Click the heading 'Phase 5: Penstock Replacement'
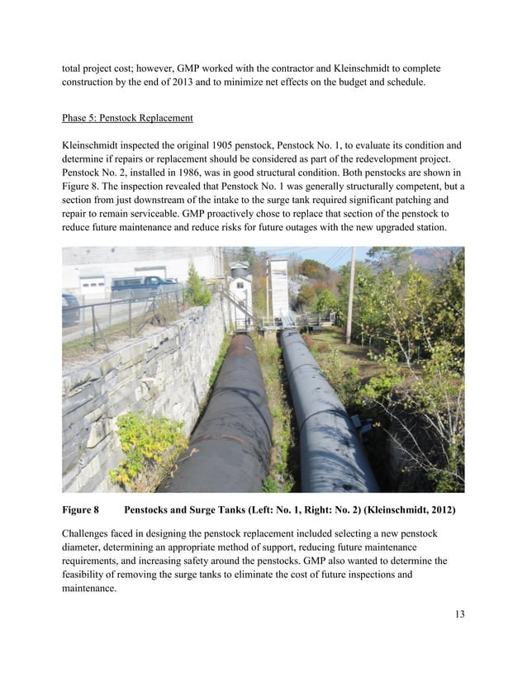tap(129, 116)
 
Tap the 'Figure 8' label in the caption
tap(80, 510)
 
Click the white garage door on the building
tap(92, 285)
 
